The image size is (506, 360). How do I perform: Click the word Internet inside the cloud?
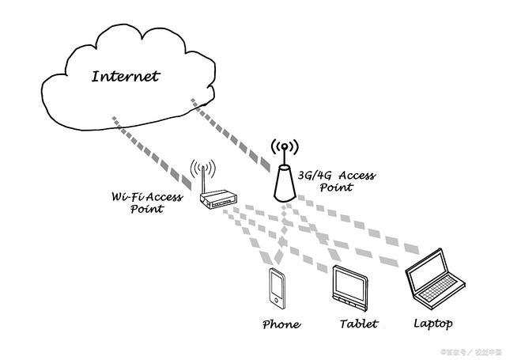pos(125,77)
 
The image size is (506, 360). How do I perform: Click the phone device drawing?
pos(276,287)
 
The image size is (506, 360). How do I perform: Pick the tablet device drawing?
pos(349,286)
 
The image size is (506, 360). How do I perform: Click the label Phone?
pos(281,324)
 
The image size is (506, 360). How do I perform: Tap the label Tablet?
pos(358,324)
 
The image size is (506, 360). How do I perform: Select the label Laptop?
pos(432,324)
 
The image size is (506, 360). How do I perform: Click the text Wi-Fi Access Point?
pos(147,203)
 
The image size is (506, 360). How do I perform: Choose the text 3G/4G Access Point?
pos(336,181)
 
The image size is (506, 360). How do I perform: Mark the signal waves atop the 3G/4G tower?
pos(285,147)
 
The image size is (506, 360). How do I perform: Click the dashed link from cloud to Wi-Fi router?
pos(150,150)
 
